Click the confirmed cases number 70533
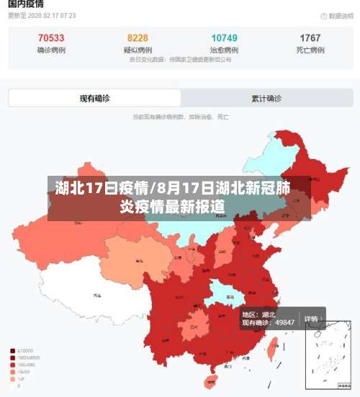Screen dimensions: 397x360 point(50,38)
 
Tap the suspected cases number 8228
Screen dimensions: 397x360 point(138,38)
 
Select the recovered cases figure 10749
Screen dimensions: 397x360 point(225,38)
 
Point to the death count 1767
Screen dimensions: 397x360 point(310,38)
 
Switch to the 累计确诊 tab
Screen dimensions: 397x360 point(266,98)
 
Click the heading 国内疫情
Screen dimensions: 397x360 point(25,4)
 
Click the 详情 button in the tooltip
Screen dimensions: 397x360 point(311,318)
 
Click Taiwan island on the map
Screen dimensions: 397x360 point(273,350)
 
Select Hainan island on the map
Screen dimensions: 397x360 point(211,380)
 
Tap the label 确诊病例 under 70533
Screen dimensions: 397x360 point(50,50)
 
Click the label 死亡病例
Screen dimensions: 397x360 point(310,50)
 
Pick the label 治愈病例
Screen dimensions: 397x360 point(225,50)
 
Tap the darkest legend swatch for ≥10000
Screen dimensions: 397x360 point(12,351)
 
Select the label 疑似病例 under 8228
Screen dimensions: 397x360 point(138,50)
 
